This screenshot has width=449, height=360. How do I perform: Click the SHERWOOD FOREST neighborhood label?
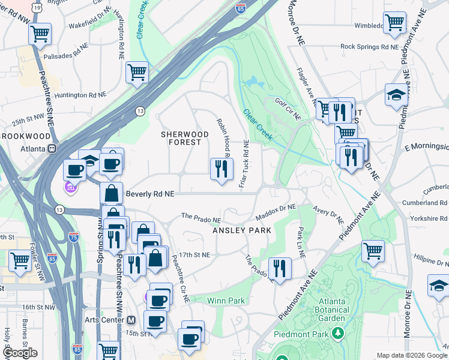coord(181,138)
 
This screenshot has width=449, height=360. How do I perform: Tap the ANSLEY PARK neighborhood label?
coord(243,230)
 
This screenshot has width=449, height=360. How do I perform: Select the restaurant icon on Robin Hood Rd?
coord(221,169)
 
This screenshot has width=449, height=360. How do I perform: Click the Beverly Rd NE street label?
coord(151,194)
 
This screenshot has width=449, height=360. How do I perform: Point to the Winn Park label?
coord(226,300)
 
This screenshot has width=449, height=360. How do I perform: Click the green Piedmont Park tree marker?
coord(339,333)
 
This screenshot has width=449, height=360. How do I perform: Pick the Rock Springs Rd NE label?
coord(369,46)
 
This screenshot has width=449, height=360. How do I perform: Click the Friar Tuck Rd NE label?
coord(246,164)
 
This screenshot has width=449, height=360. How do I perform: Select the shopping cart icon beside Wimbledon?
coord(395,23)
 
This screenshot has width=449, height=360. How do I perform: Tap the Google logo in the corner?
coord(19,353)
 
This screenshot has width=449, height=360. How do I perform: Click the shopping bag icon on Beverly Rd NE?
coord(111,193)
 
